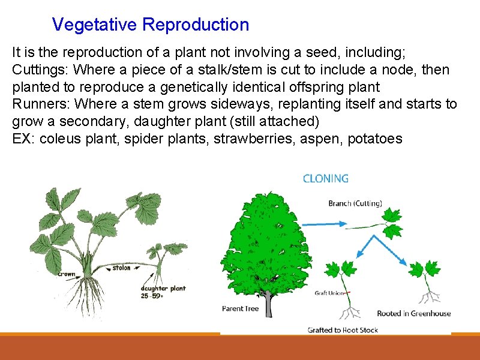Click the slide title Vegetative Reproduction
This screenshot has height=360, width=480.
(150, 25)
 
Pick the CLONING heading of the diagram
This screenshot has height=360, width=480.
(326, 178)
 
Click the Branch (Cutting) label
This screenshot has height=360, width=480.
(355, 203)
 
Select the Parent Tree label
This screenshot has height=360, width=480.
(241, 308)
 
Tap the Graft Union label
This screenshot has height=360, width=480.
(329, 293)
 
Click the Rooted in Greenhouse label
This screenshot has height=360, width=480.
(413, 313)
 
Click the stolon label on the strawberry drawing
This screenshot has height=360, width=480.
(121, 268)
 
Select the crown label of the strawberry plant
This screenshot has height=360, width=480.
(67, 274)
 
